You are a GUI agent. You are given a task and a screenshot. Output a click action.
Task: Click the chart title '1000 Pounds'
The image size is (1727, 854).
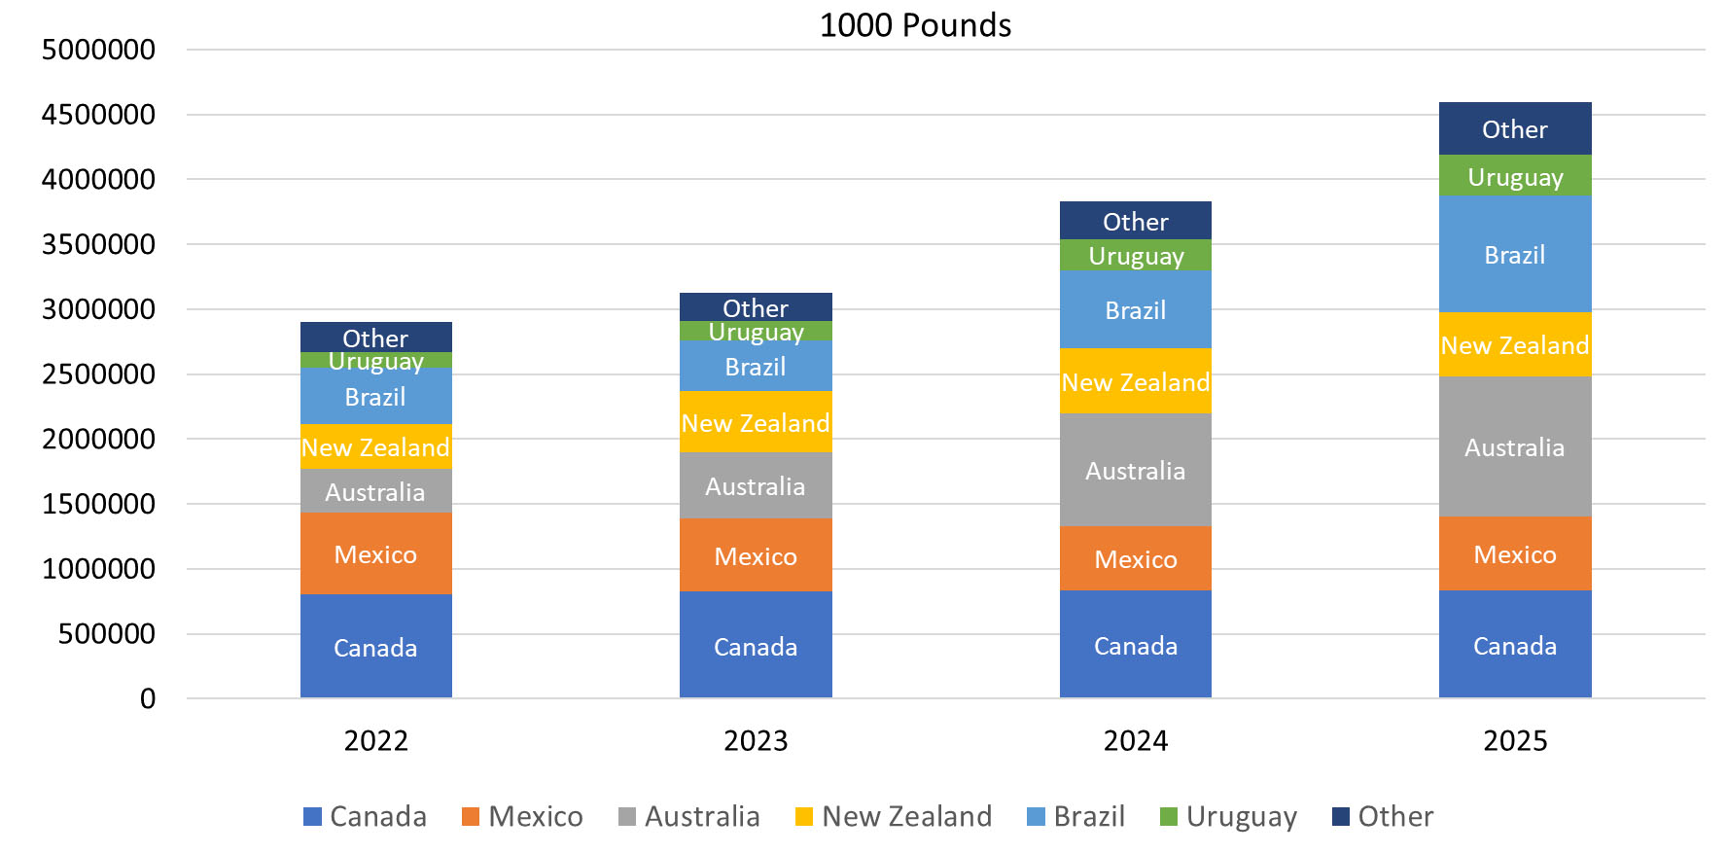pyautogui.click(x=915, y=25)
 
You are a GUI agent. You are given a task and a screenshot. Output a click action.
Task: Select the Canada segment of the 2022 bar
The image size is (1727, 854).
pyautogui.click(x=375, y=647)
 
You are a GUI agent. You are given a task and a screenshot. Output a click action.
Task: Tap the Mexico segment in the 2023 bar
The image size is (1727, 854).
pyautogui.click(x=756, y=555)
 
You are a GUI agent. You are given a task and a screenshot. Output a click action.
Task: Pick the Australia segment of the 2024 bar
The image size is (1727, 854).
pyautogui.click(x=1135, y=471)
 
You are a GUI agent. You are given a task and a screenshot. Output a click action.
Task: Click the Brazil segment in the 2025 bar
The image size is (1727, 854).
pyautogui.click(x=1514, y=255)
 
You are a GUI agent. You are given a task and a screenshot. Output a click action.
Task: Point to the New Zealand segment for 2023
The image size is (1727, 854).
pyautogui.click(x=756, y=423)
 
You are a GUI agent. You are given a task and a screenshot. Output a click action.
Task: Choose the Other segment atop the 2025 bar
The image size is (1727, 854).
pyautogui.click(x=1514, y=129)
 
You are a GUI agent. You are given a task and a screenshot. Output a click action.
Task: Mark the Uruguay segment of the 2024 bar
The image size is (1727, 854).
pyautogui.click(x=1135, y=256)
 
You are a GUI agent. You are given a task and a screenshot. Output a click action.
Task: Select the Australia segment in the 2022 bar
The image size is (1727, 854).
pyautogui.click(x=375, y=492)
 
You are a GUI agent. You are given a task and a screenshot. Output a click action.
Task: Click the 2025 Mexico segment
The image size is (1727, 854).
pyautogui.click(x=1514, y=554)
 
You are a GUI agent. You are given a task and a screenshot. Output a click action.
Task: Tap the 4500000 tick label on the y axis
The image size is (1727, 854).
pyautogui.click(x=98, y=115)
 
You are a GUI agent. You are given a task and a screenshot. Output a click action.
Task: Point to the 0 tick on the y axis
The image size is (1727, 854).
pyautogui.click(x=148, y=698)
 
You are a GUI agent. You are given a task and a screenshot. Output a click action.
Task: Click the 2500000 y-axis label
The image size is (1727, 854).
pyautogui.click(x=98, y=374)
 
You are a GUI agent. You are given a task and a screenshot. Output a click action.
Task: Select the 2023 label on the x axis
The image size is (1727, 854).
pyautogui.click(x=756, y=741)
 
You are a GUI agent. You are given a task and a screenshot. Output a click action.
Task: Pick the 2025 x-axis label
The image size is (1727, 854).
pyautogui.click(x=1514, y=741)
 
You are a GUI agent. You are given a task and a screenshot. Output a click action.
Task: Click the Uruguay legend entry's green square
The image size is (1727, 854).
pyautogui.click(x=1169, y=817)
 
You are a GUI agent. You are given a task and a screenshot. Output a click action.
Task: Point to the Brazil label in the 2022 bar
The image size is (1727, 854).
pyautogui.click(x=375, y=397)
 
